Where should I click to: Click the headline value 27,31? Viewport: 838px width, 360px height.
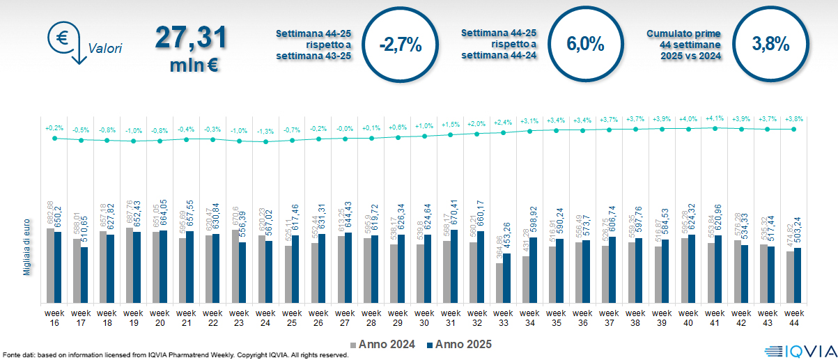coord(191,37)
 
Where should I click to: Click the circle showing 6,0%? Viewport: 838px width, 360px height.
coord(585,44)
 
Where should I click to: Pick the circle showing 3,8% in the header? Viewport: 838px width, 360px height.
coord(770,44)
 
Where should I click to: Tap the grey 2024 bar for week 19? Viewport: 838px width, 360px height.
coord(130,265)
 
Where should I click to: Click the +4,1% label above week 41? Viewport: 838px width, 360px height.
coord(715,119)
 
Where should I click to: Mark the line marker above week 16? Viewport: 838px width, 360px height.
coord(54,138)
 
